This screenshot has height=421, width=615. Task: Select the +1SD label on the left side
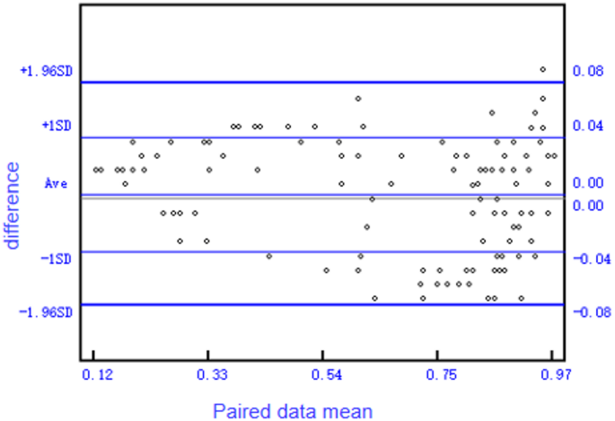click(x=57, y=127)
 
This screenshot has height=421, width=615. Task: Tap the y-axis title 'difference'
click(x=13, y=205)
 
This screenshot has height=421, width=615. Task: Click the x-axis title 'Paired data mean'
click(x=292, y=410)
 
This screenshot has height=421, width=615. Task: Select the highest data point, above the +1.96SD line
click(x=542, y=69)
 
